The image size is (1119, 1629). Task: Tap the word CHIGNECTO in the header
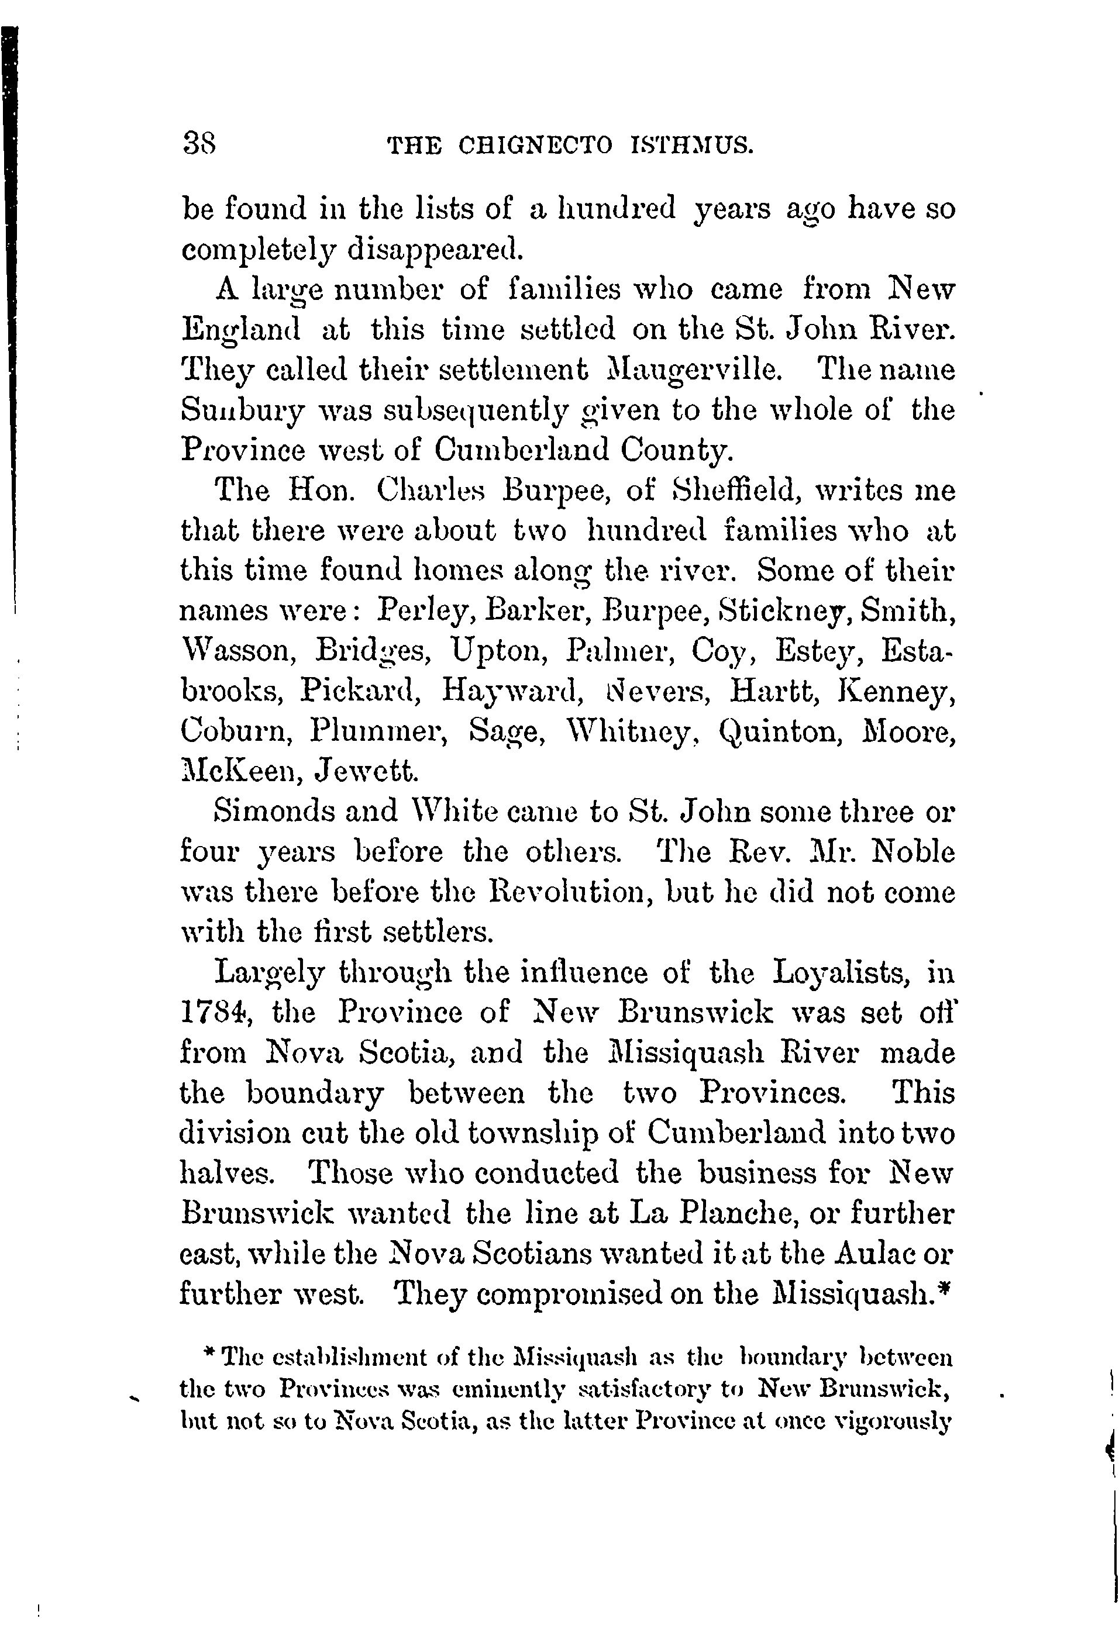click(535, 145)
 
